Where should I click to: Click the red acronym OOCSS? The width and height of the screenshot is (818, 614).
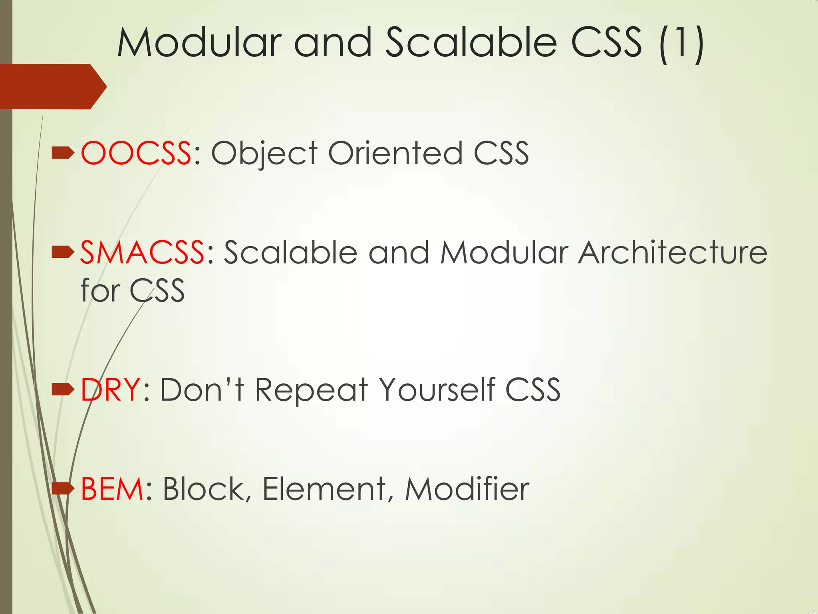[x=136, y=153]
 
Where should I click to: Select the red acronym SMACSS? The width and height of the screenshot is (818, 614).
[x=143, y=253]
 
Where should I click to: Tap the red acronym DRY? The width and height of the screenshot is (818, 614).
[x=110, y=389]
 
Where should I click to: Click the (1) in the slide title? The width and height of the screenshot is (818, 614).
[x=681, y=44]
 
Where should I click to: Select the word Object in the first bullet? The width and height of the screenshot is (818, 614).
[x=264, y=153]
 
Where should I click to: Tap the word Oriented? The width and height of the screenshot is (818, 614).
[x=395, y=153]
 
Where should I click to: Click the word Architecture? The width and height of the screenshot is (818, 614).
[x=673, y=253]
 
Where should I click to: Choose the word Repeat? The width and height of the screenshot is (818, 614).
[x=312, y=390]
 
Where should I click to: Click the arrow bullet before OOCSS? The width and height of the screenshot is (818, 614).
[x=63, y=153]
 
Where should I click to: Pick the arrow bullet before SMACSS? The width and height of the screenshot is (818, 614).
[x=63, y=252]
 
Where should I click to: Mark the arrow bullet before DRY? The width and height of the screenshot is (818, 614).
[x=63, y=389]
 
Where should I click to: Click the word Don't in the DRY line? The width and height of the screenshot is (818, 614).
[x=202, y=389]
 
